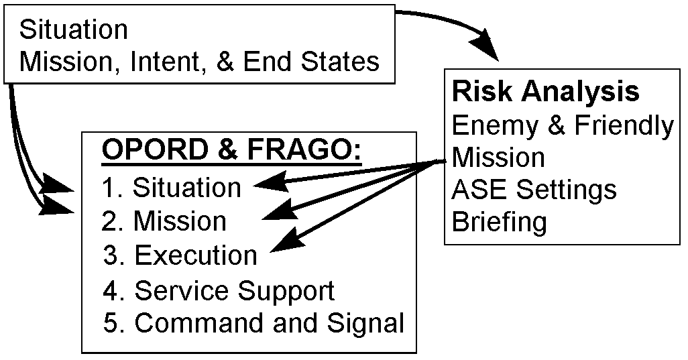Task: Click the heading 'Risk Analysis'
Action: tap(545, 92)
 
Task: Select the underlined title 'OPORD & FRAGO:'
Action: tap(231, 149)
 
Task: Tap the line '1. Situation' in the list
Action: tap(172, 188)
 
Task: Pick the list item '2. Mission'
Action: tap(164, 221)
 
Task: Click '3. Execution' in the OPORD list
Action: tap(180, 255)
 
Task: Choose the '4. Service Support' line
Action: tap(219, 291)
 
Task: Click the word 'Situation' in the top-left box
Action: tap(74, 29)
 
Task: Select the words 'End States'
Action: tap(312, 61)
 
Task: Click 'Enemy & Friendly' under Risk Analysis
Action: tap(563, 125)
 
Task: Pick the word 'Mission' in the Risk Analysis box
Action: tap(498, 157)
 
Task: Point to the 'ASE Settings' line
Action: tap(534, 190)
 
